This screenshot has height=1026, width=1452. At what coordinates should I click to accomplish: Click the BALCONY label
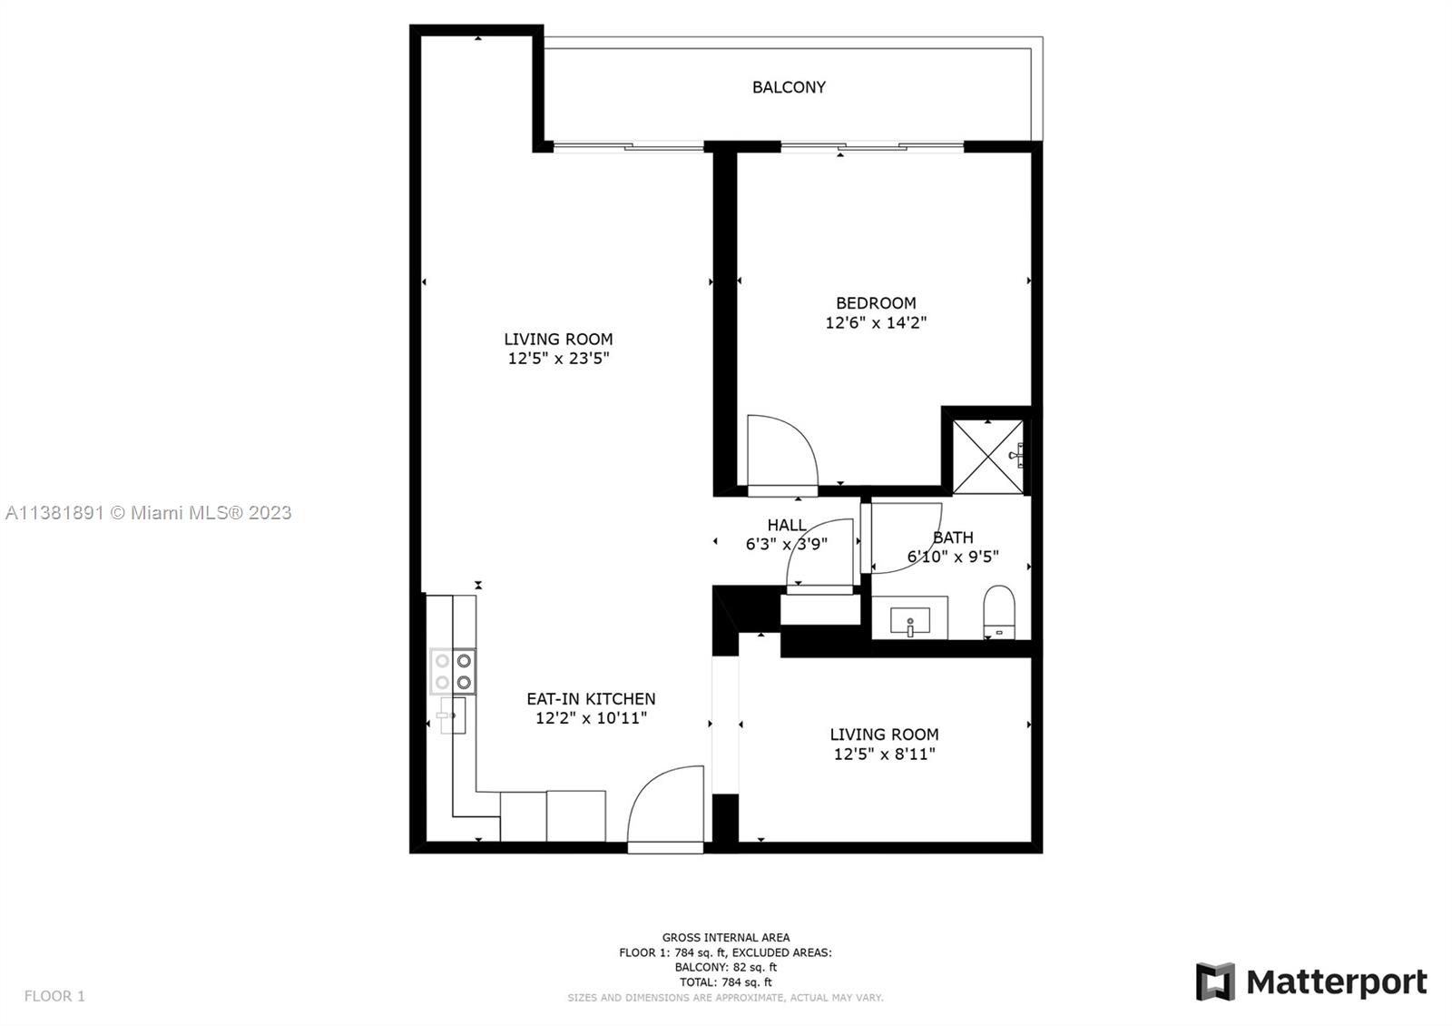coord(789,87)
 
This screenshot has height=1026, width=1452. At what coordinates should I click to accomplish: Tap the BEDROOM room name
coord(876,303)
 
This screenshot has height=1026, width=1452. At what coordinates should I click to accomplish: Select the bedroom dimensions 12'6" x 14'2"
coord(876,322)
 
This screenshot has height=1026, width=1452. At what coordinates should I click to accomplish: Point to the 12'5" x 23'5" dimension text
coord(558,358)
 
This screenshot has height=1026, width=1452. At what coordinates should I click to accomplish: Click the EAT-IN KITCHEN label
coord(591,698)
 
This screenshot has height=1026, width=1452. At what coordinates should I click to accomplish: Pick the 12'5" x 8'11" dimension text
coord(884,754)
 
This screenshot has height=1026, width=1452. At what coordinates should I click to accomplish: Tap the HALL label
coord(787,525)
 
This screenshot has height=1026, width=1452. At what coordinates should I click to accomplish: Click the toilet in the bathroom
coord(998,612)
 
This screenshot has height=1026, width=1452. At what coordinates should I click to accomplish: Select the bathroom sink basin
coord(910,621)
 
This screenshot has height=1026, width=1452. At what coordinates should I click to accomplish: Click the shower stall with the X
coord(988,457)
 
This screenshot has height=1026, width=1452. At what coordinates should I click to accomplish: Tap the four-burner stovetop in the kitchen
coord(453,671)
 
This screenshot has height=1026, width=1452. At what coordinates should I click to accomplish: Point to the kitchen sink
coord(453,715)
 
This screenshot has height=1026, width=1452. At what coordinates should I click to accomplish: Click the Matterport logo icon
coord(1215,982)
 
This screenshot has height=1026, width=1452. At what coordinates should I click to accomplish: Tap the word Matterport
coord(1337,982)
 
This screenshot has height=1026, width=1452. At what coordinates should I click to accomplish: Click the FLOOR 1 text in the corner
coord(54,995)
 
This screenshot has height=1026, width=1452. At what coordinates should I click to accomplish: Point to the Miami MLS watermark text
coord(149,513)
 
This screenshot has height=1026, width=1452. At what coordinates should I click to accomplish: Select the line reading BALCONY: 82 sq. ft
coord(725,967)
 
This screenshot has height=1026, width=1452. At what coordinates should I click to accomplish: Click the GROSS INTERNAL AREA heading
coord(725,937)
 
